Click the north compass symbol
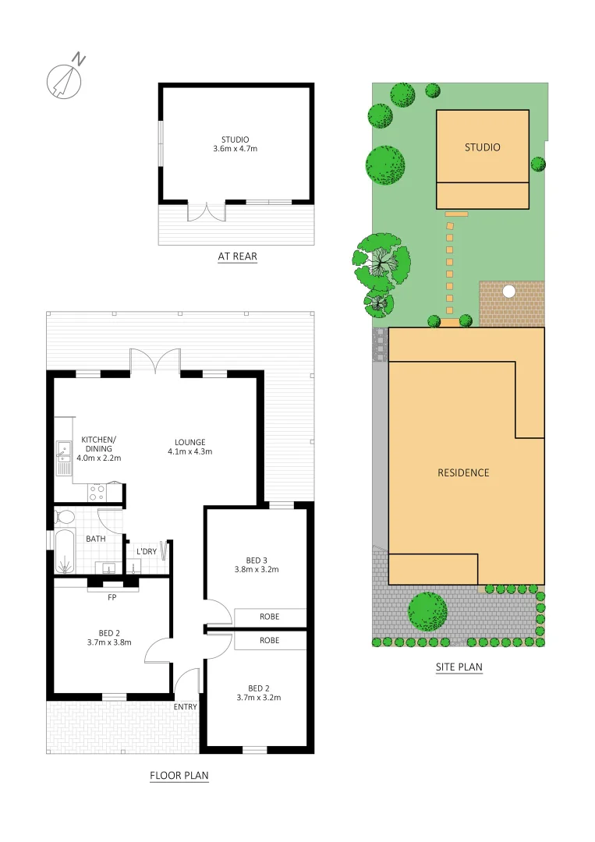click(65, 77)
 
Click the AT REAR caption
click(237, 256)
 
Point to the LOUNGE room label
click(189, 447)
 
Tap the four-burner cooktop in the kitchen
click(97, 492)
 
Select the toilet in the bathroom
click(64, 516)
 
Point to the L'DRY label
click(147, 552)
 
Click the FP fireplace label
click(112, 600)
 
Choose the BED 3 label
click(257, 564)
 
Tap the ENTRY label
click(186, 706)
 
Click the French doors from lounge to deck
click(154, 361)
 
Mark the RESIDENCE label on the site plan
click(463, 472)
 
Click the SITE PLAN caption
click(459, 667)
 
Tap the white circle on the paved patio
click(509, 292)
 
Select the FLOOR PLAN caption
click(179, 776)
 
